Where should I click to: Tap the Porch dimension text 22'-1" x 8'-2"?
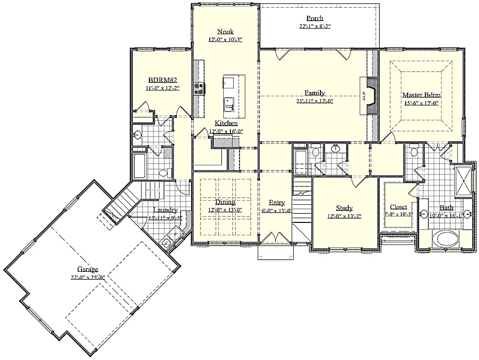[316, 27]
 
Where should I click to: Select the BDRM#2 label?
[162, 81]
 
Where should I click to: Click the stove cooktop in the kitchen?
[199, 89]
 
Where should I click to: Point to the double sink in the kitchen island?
[229, 101]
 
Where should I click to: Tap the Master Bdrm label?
[421, 94]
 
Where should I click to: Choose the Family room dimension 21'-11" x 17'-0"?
[315, 101]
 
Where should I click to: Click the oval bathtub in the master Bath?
[445, 238]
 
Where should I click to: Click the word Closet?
[398, 207]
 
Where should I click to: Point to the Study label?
[344, 208]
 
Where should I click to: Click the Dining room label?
[225, 202]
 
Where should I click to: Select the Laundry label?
[165, 210]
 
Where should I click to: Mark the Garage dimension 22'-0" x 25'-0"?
[88, 277]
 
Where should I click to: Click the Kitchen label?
[226, 123]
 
